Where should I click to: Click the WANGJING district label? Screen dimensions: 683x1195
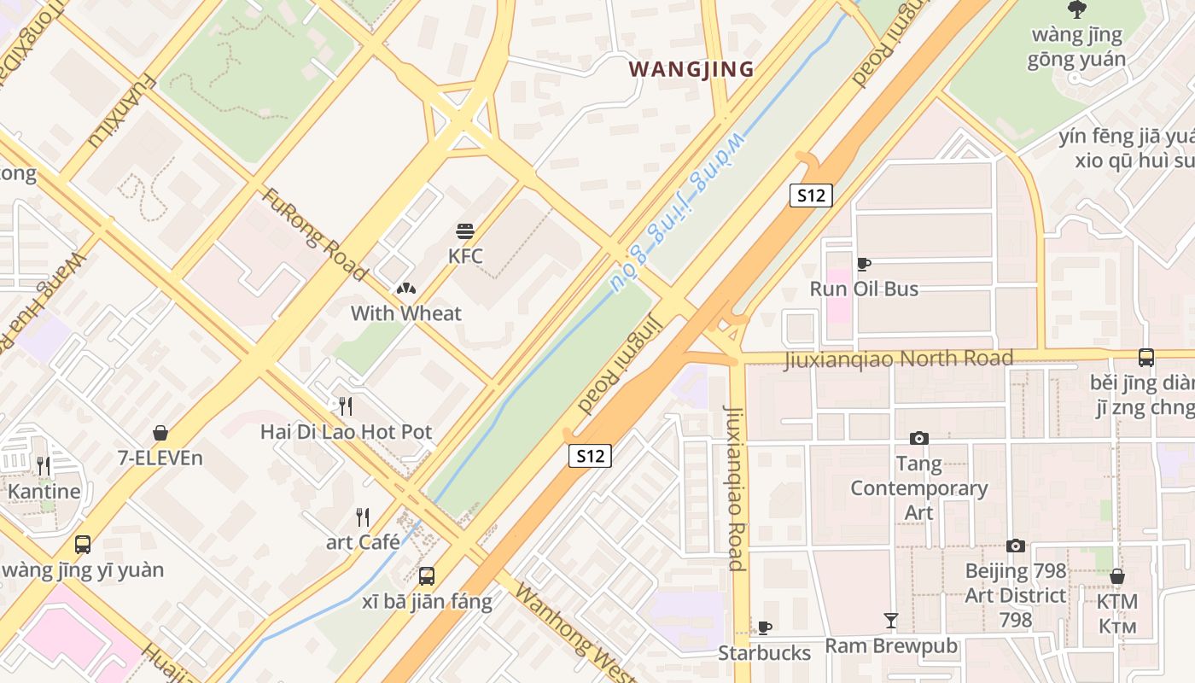coord(691,69)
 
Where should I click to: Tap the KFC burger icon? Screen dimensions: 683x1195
coord(465,231)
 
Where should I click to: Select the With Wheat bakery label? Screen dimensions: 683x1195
coord(405,313)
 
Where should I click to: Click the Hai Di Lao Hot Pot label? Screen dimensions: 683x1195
coord(347,432)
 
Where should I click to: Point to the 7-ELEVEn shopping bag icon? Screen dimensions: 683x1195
coord(160,433)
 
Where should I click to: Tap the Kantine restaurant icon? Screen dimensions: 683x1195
coord(44,465)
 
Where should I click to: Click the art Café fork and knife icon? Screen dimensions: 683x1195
coord(363,517)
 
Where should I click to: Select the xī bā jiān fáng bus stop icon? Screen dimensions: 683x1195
coord(427,575)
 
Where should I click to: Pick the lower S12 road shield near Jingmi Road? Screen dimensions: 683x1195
coord(590,456)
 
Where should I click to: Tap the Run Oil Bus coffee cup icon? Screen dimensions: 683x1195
coord(864,264)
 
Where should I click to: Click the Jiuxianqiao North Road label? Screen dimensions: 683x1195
coord(898,359)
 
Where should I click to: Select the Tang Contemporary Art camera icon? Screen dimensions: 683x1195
coord(918,438)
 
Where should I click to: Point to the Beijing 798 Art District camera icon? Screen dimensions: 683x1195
coord(1015,546)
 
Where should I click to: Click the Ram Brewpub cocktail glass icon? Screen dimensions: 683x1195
coord(891,621)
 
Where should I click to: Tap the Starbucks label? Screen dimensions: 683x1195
coord(764,653)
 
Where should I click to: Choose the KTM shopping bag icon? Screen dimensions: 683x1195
coord(1116,576)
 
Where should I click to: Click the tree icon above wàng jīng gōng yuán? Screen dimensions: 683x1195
coord(1076,9)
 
